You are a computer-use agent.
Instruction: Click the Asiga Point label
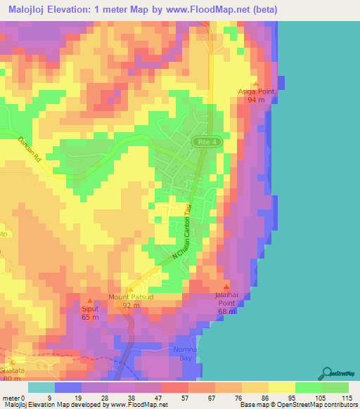[x=256, y=91]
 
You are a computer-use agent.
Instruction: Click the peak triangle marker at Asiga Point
[x=256, y=83]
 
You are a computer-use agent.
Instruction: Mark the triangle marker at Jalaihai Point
[x=226, y=286]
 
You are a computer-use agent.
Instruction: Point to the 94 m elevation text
[x=256, y=100]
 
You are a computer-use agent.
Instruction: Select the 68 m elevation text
[x=226, y=311]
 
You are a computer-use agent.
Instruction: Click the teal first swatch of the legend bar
[x=41, y=387]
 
